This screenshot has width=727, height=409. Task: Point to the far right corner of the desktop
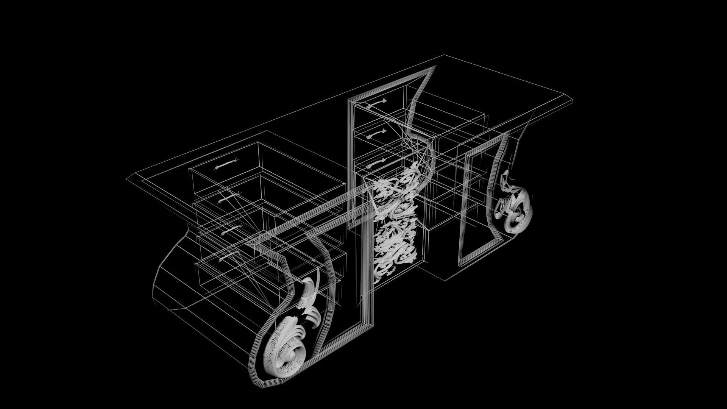[x=571, y=100]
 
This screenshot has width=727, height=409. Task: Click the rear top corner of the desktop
[x=444, y=55]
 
